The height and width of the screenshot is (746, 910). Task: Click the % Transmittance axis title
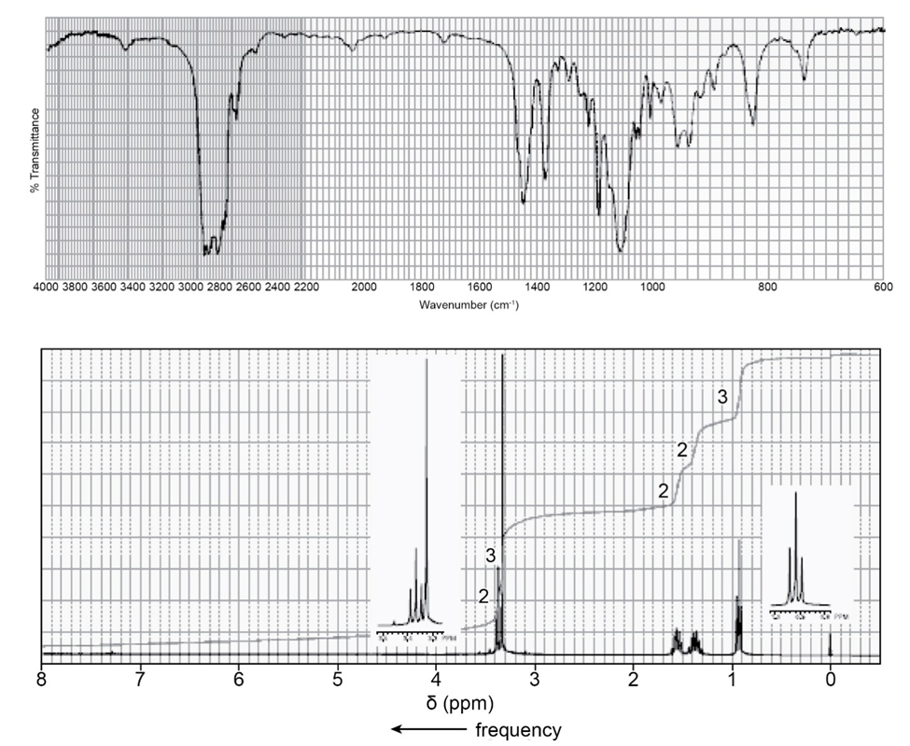click(35, 149)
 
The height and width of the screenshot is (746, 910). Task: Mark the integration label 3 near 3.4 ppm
click(490, 556)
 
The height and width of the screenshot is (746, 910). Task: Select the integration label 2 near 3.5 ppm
click(483, 597)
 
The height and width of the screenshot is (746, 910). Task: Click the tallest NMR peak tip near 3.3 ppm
click(503, 356)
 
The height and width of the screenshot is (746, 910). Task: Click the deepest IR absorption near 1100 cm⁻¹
click(621, 250)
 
